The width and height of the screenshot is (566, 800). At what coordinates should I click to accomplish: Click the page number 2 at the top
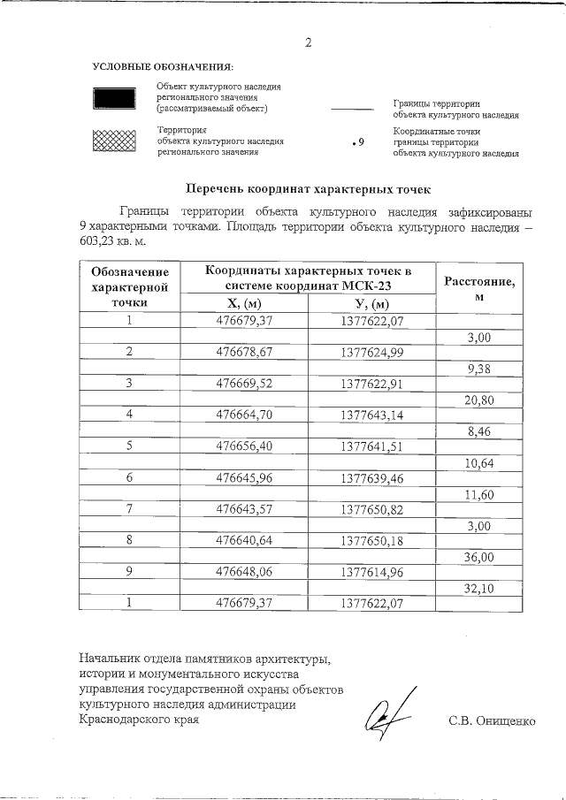pos(308,42)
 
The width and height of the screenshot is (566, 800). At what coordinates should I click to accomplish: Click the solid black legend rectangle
pos(113,98)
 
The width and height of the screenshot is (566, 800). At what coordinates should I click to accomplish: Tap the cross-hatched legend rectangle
pos(113,141)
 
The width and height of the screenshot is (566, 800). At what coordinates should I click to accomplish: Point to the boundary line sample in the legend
pos(351,110)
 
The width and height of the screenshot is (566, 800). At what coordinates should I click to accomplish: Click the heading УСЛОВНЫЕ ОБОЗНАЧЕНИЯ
pos(163,67)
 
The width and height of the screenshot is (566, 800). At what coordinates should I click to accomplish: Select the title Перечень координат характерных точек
pos(307,188)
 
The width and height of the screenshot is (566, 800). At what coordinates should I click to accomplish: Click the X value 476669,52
pos(244,383)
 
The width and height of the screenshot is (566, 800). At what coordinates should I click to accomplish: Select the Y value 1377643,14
pos(371,414)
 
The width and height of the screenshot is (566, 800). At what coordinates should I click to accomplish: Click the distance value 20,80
pos(478,399)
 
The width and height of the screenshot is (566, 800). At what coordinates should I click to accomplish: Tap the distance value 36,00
pos(478,556)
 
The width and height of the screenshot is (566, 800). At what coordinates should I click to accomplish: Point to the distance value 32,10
pos(478,588)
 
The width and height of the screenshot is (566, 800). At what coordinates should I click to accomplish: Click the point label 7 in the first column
pos(129,509)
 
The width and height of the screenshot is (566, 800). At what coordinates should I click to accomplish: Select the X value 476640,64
pos(244,540)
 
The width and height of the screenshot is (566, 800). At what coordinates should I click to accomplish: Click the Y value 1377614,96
pos(371,572)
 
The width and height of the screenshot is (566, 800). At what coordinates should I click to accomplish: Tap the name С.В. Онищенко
pos(493,720)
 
